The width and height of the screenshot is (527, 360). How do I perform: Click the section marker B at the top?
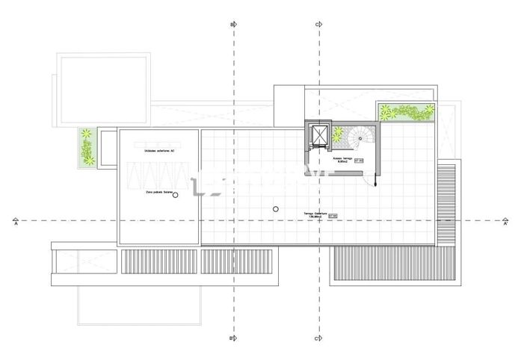click(232, 25)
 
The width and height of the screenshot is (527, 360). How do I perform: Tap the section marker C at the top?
click(318, 25)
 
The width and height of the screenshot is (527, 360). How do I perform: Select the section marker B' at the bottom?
click(232, 338)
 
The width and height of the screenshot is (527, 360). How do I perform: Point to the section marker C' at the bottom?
click(318, 338)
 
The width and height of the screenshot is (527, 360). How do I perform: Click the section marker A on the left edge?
click(16, 222)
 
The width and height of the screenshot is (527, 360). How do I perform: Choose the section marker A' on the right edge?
click(505, 222)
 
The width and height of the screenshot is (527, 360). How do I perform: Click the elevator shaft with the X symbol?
click(319, 136)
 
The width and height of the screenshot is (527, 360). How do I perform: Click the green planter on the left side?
click(87, 147)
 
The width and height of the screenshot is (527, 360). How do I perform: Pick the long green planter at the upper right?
click(406, 111)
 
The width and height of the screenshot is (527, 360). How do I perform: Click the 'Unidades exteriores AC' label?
click(158, 151)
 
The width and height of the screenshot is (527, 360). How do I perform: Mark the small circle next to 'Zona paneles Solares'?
click(175, 195)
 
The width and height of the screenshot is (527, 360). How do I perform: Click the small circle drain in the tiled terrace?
click(276, 209)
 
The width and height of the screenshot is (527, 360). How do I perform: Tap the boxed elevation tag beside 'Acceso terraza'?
click(359, 161)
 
